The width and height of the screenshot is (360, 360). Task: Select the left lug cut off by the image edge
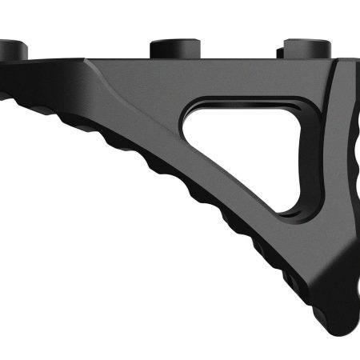(x=11, y=50)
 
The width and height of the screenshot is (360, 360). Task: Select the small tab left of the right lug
(x=279, y=52)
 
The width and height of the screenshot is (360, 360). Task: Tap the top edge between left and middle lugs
(x=88, y=59)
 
